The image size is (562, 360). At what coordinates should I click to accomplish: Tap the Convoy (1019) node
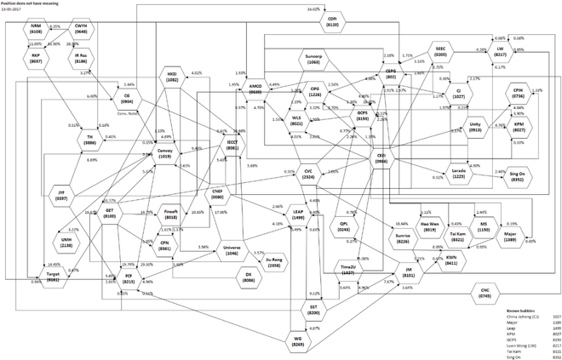coord(164,152)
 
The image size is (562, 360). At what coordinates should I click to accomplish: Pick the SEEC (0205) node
coord(442,49)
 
